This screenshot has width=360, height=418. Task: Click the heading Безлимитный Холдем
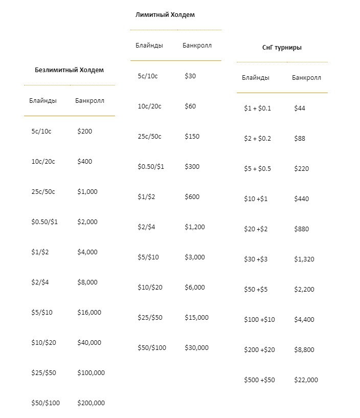[69, 70]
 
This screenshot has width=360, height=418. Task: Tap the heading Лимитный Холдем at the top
[165, 15]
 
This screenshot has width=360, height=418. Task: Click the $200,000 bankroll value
[91, 403]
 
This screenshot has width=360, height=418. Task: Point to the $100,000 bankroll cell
[91, 373]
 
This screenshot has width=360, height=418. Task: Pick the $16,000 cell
[89, 313]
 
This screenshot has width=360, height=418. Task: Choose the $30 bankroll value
[190, 76]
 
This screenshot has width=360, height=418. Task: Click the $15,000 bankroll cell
[197, 318]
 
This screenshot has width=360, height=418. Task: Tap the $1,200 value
[195, 227]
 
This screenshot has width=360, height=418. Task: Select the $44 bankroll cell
[300, 108]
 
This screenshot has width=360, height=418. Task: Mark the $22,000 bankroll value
[306, 380]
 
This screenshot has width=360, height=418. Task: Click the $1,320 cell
[304, 259]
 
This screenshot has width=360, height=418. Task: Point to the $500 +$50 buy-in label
[259, 380]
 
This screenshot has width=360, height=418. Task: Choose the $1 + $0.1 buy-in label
[258, 108]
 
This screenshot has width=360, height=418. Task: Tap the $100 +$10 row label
[259, 320]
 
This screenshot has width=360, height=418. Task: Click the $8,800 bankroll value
[304, 350]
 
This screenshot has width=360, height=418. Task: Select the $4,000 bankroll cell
[87, 252]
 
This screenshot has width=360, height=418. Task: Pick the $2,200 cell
[304, 290]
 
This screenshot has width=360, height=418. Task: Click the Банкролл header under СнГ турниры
[307, 78]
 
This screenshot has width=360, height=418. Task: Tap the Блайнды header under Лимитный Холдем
[149, 46]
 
